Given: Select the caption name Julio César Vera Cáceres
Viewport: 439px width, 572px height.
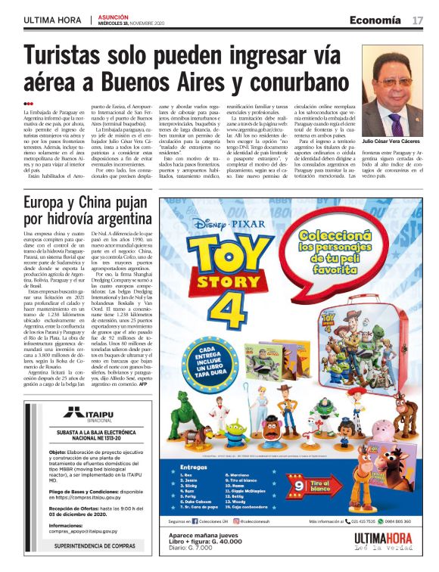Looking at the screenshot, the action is point(394,141).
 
